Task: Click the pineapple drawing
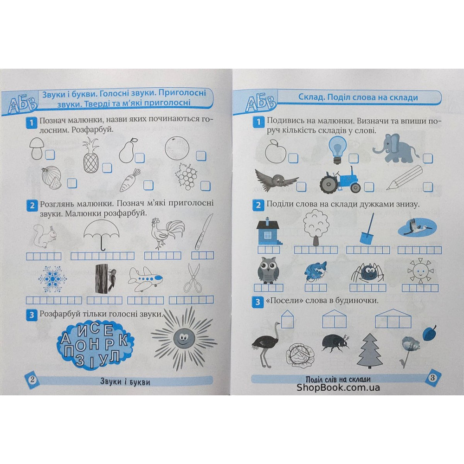[90, 155]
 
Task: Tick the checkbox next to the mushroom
[50, 155]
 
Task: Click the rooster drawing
[166, 234]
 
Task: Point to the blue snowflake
[52, 279]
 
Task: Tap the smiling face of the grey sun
[181, 339]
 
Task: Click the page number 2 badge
[32, 380]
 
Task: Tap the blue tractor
[340, 180]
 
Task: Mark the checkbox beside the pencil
[428, 187]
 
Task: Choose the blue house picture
[268, 232]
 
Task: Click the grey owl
[268, 270]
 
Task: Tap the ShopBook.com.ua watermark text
[338, 387]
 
